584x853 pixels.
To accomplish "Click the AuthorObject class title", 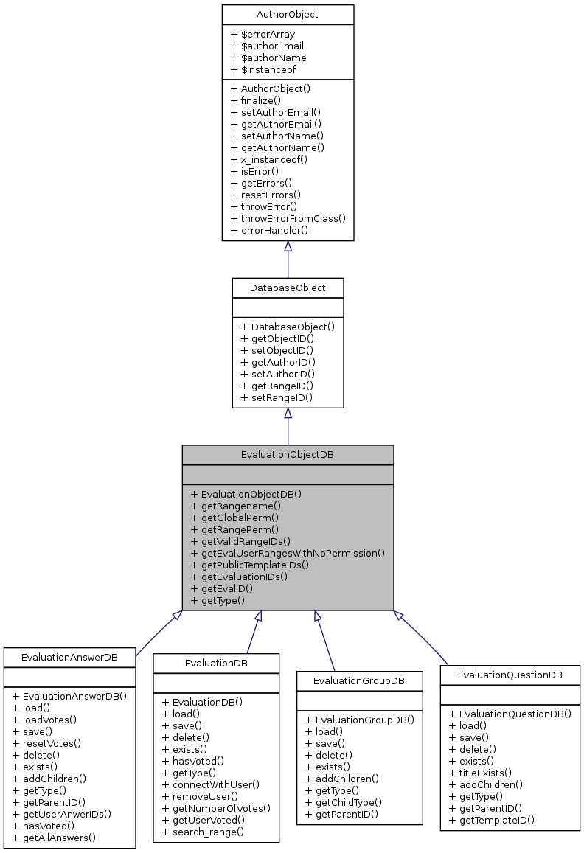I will pyautogui.click(x=288, y=15).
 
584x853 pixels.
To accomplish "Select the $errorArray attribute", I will pyautogui.click(x=263, y=34).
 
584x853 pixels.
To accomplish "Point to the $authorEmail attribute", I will pyautogui.click(x=267, y=46).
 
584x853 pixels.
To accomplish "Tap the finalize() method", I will pyautogui.click(x=256, y=100).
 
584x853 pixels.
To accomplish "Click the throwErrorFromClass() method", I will pyautogui.click(x=288, y=218).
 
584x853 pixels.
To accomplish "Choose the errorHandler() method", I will pyautogui.click(x=269, y=230).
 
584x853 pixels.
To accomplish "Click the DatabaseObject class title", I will pyautogui.click(x=288, y=288).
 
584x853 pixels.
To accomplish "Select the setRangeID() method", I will pyautogui.click(x=277, y=397).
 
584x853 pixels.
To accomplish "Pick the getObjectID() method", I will pyautogui.click(x=278, y=338).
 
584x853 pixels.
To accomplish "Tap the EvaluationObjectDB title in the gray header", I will pyautogui.click(x=288, y=455).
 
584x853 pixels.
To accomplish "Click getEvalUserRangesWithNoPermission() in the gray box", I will pyautogui.click(x=288, y=553).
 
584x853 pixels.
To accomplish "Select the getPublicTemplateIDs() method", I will pyautogui.click(x=250, y=565).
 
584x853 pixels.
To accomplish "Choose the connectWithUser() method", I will pyautogui.click(x=211, y=784).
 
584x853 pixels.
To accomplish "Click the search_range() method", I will pyautogui.click(x=203, y=832).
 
